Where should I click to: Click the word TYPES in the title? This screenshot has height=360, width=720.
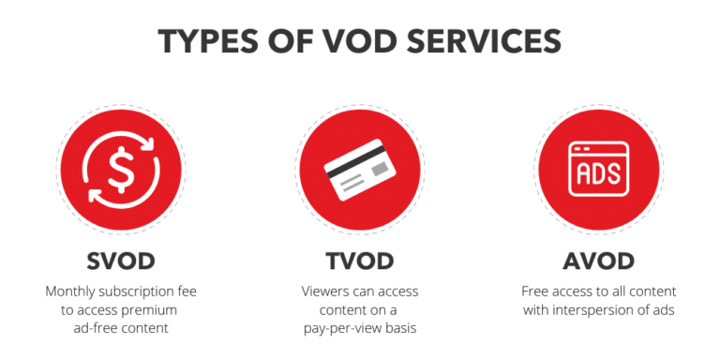coord(209,41)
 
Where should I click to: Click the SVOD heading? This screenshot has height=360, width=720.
coord(120,260)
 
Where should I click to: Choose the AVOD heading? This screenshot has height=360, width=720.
coord(599,260)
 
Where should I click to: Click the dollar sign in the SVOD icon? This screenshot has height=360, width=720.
coord(121,168)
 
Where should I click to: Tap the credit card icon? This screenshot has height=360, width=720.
coord(359,170)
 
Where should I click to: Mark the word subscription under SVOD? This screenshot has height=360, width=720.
coord(140,292)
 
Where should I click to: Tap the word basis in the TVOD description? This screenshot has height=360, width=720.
coord(401,327)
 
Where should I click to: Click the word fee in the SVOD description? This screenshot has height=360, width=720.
coord(187,292)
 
